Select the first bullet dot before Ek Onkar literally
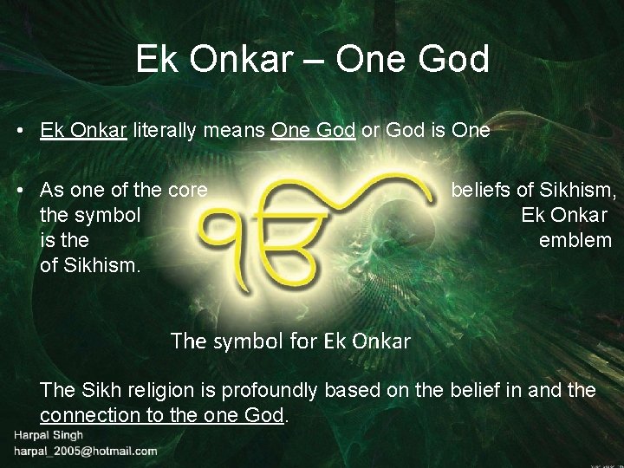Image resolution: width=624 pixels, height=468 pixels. coord(18,131)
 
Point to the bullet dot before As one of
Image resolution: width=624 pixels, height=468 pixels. coord(18,190)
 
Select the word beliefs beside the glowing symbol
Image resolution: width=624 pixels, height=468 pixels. coord(482,190)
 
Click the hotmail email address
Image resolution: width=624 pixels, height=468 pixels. coord(84,452)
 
